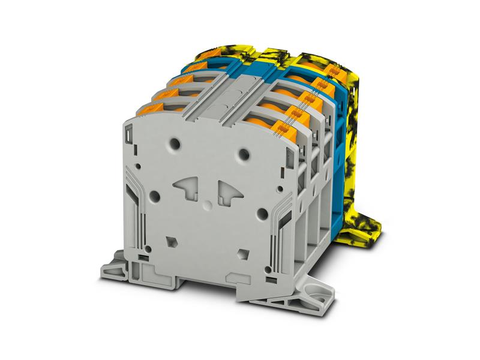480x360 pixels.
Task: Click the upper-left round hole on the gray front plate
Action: (x=175, y=144)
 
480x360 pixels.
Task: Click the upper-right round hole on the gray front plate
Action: (x=243, y=154)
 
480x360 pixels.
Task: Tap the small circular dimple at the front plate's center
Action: (x=207, y=205)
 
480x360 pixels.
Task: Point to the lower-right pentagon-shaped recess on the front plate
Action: (x=243, y=252)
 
